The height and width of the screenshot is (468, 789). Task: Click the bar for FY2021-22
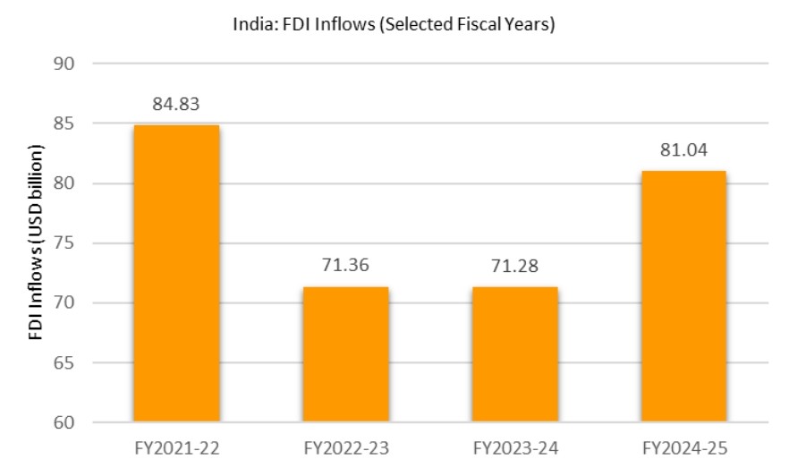click(x=176, y=273)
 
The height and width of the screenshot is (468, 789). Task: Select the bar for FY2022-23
click(x=345, y=354)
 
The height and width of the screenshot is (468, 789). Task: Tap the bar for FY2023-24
click(x=514, y=354)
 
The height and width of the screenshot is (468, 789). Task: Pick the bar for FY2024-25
click(x=683, y=295)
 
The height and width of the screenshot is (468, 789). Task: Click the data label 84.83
click(x=176, y=105)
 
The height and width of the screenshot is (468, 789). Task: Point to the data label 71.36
click(x=345, y=267)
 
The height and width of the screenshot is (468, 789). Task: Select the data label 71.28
click(x=514, y=267)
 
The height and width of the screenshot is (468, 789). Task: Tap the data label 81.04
click(x=683, y=150)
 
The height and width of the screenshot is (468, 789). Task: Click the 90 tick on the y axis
click(x=64, y=64)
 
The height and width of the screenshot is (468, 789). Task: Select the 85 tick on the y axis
click(x=64, y=123)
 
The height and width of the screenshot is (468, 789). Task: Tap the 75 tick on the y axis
click(x=64, y=243)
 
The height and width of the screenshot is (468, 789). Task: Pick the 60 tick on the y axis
click(x=64, y=422)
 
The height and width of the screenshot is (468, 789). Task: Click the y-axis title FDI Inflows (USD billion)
click(x=37, y=243)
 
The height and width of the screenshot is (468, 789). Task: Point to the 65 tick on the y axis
click(x=64, y=362)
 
